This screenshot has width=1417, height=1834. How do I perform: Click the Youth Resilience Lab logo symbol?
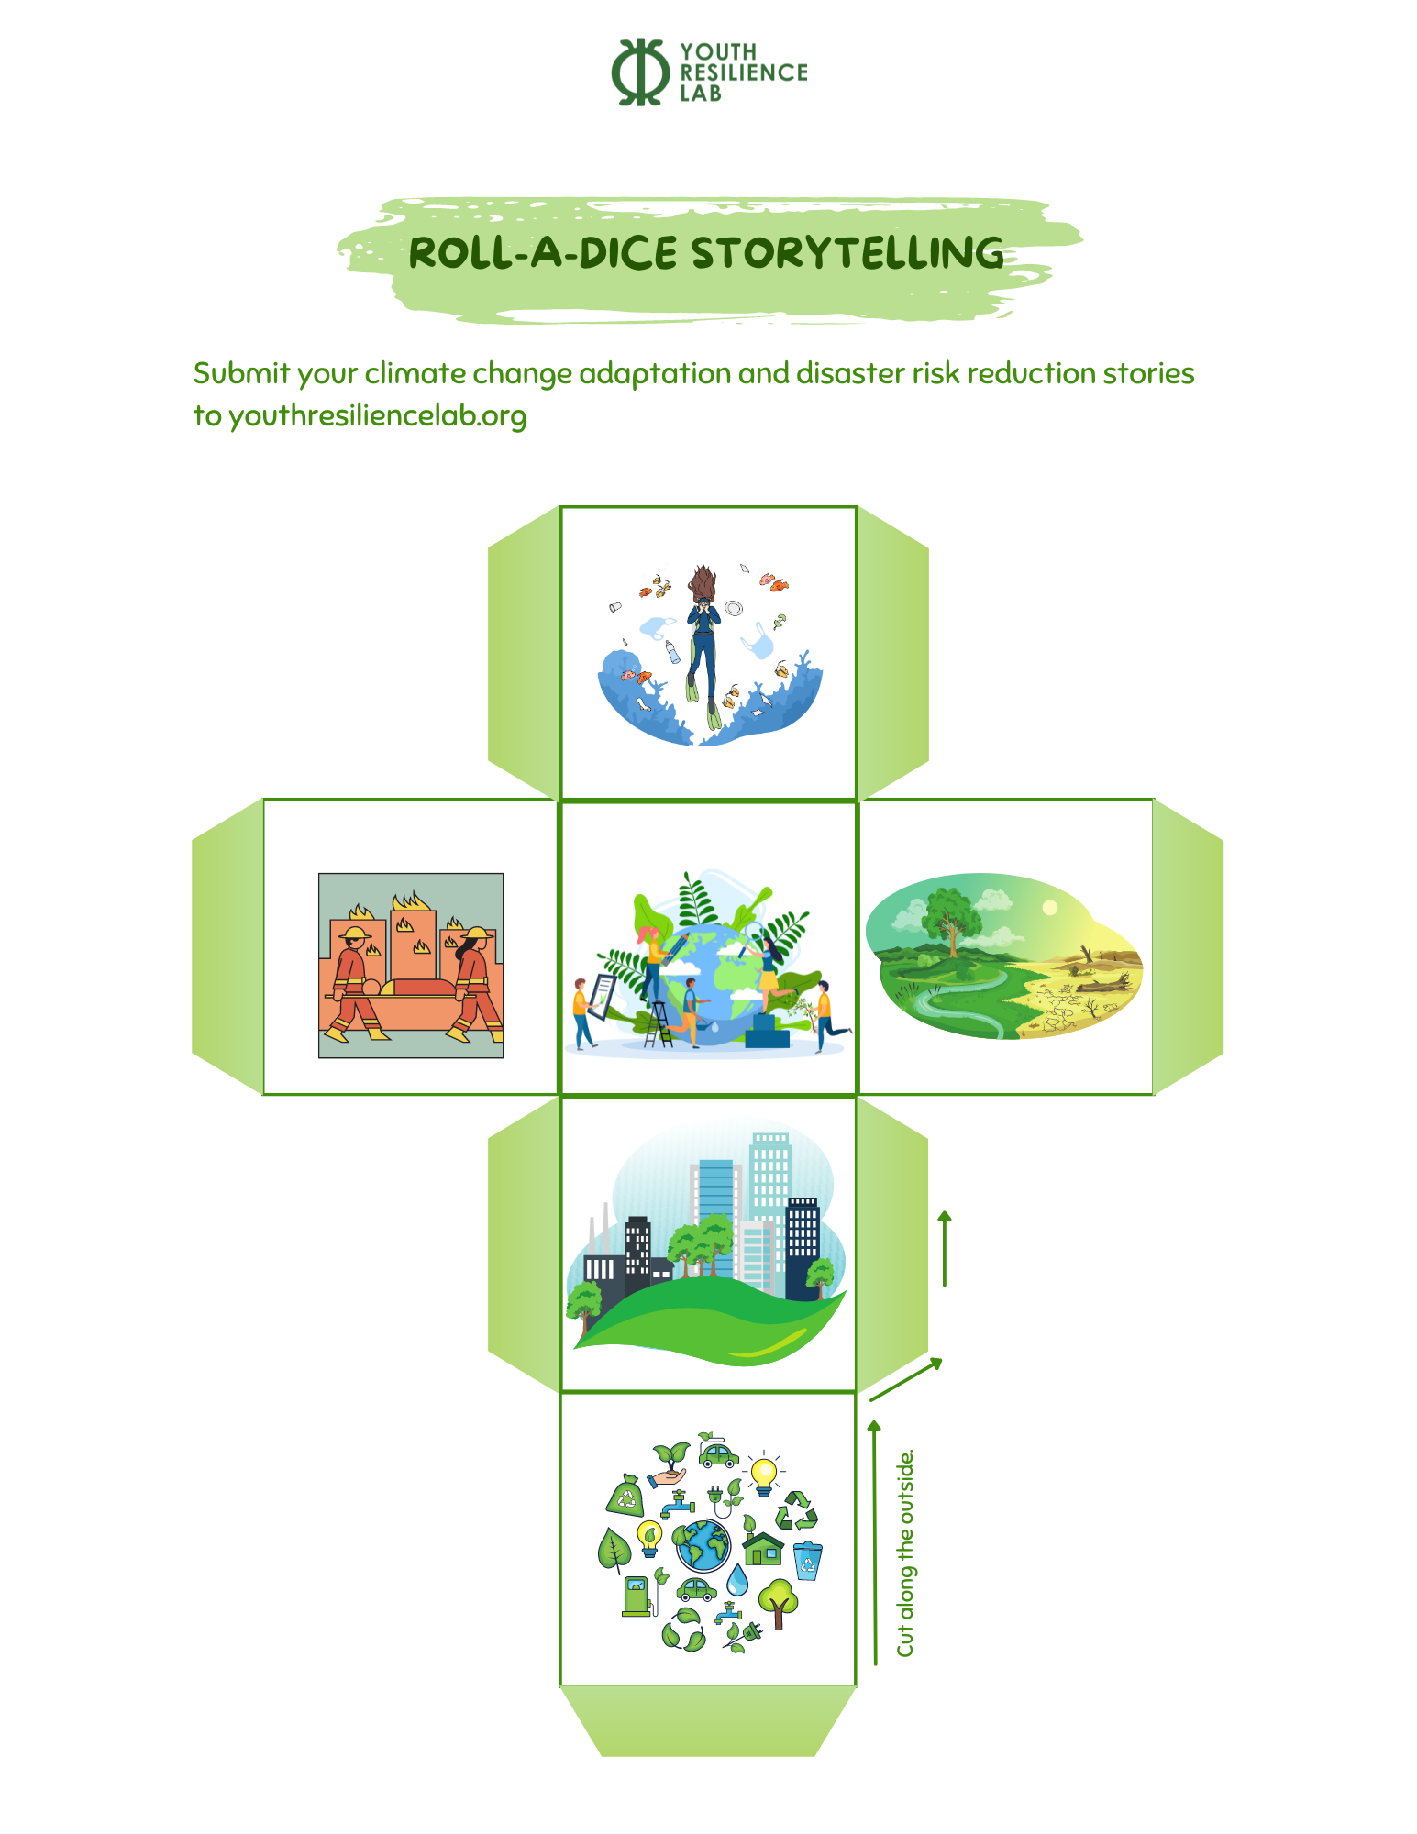(x=640, y=72)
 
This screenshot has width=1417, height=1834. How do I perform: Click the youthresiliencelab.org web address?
(x=377, y=416)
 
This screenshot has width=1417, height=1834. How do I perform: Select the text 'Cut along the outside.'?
(x=905, y=1552)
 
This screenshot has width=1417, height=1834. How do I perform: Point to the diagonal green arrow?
(x=906, y=1379)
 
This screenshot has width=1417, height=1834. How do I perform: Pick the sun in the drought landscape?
(x=1050, y=908)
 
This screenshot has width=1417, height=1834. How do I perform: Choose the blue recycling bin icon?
(x=808, y=1560)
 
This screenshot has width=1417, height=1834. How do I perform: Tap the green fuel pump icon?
(x=637, y=1596)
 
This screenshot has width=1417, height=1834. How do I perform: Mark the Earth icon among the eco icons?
(x=703, y=1545)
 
